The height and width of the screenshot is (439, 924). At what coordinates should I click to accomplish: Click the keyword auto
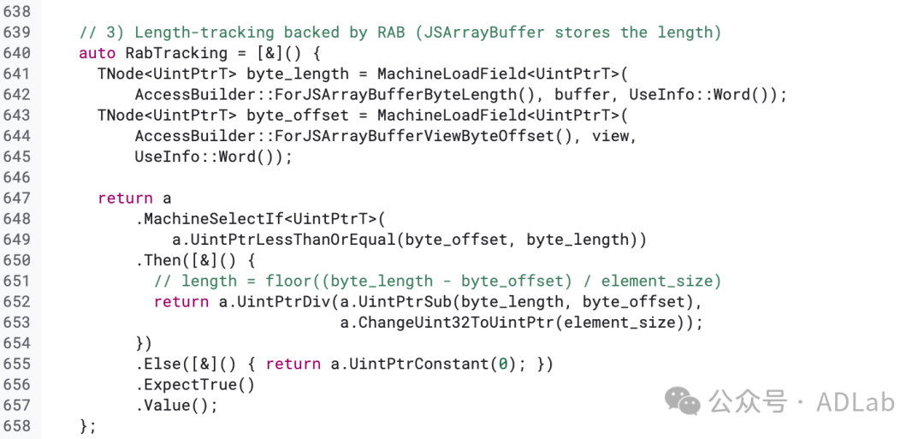(x=97, y=53)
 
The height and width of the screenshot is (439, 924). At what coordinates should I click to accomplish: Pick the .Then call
(x=158, y=260)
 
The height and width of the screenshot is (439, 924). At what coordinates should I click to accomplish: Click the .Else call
(x=158, y=364)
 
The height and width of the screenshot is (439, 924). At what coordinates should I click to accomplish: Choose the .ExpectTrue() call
(x=195, y=384)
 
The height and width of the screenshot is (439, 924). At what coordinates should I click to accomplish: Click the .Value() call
(x=176, y=405)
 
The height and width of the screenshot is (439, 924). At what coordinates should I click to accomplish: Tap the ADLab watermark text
(x=856, y=401)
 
